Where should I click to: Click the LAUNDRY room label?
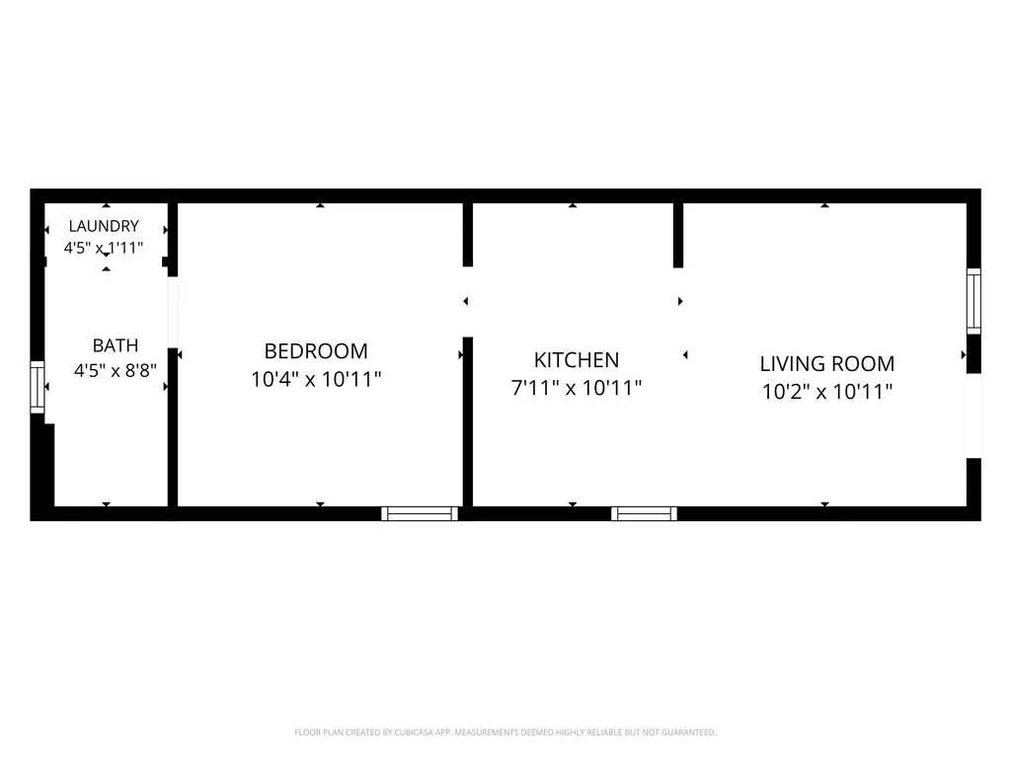[x=104, y=226]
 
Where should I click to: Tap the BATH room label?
[x=116, y=345]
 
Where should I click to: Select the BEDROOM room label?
[x=316, y=351]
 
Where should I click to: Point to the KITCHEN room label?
[x=577, y=359]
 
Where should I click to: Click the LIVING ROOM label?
[x=827, y=363]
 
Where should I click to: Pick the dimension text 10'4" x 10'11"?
[x=316, y=379]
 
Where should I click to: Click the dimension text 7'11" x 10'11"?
[x=577, y=388]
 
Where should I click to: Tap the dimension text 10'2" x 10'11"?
[x=827, y=391]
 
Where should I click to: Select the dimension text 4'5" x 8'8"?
[x=116, y=371]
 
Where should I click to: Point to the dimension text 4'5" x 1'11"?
[x=104, y=248]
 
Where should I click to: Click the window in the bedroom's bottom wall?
[x=420, y=513]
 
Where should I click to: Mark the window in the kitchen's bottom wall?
[x=644, y=513]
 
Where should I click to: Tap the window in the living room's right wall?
[x=973, y=302]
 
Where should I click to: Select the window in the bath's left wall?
[x=38, y=387]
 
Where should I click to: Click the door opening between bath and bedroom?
[x=173, y=313]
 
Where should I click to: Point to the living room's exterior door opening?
[x=973, y=416]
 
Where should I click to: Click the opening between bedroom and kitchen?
[x=468, y=302]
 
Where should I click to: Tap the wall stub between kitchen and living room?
[x=678, y=235]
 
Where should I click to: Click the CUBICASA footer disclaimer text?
[x=505, y=732]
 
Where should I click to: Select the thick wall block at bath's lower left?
[x=42, y=466]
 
